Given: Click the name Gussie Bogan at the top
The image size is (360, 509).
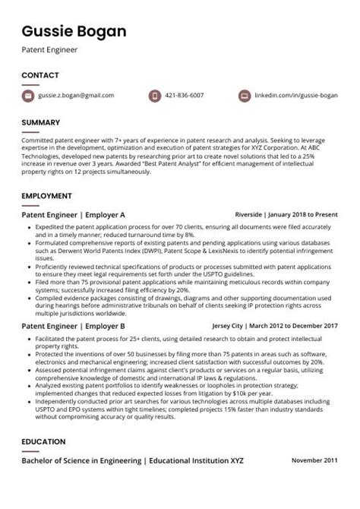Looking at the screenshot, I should point(74,31).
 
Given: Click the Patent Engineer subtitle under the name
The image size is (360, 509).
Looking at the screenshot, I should point(49,50).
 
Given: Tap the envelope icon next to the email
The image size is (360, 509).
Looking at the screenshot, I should point(28,96).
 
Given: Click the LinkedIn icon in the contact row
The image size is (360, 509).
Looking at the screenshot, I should point(244,96).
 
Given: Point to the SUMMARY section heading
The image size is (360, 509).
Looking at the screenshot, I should point(40,122).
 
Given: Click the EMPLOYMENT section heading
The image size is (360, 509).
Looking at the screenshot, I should point(46,196).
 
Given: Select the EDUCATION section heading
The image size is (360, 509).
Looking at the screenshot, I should point(44,442).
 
